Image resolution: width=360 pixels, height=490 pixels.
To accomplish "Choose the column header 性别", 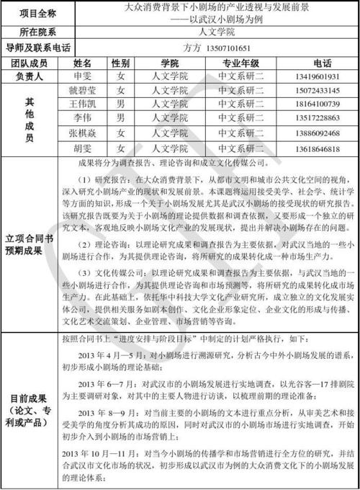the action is (120, 63).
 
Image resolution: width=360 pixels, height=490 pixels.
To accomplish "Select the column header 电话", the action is (317, 63).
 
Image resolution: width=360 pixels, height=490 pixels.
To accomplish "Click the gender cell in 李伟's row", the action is (120, 118).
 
